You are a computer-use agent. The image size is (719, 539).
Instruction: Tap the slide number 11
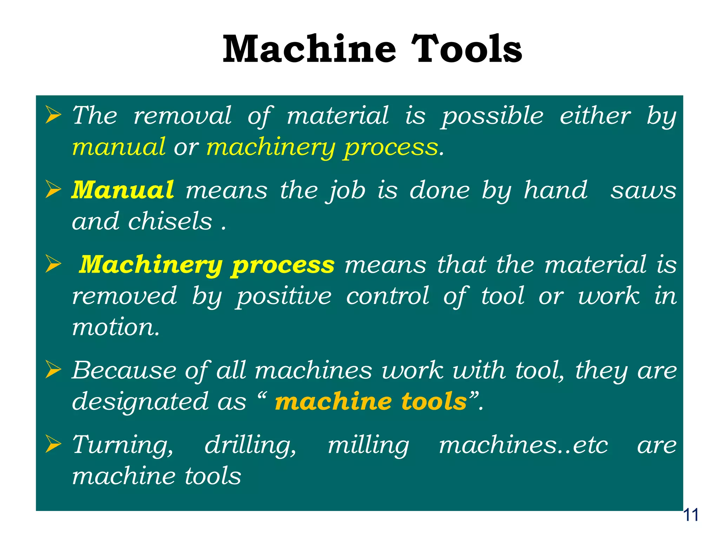click(x=691, y=515)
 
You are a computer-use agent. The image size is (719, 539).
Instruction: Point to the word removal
click(x=183, y=115)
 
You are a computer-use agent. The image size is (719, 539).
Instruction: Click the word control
click(x=388, y=295)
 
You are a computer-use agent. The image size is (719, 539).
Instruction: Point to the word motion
click(x=116, y=327)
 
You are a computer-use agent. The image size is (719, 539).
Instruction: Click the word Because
click(x=124, y=370)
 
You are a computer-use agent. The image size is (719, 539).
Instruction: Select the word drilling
click(x=250, y=445)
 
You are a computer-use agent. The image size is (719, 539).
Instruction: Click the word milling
click(x=368, y=445)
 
